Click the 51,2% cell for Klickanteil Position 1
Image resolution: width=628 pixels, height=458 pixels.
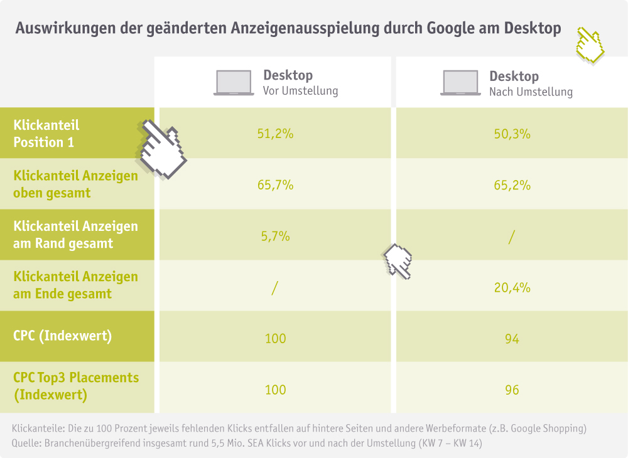point(275,134)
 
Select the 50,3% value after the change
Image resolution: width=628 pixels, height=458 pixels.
point(512,134)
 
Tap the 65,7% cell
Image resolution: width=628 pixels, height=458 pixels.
point(275,185)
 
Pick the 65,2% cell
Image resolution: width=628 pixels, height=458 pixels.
point(512,185)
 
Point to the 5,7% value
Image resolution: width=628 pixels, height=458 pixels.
point(275,237)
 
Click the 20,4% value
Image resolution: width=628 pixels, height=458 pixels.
point(512,287)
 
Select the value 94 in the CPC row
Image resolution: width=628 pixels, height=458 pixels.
point(512,339)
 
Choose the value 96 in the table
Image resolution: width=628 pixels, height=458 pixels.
point(512,390)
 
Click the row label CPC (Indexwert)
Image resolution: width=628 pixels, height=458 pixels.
point(62,336)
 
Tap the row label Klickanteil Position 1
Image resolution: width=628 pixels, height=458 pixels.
point(46,134)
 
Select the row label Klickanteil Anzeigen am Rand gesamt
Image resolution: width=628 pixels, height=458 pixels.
point(75,235)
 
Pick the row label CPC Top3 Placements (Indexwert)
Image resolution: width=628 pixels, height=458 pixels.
point(75,386)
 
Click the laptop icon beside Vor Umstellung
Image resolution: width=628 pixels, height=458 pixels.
point(234,83)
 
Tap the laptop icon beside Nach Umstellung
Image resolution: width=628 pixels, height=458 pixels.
point(460,83)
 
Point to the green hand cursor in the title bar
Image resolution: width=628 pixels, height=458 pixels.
point(590,45)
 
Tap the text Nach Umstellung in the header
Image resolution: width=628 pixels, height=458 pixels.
point(531,92)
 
